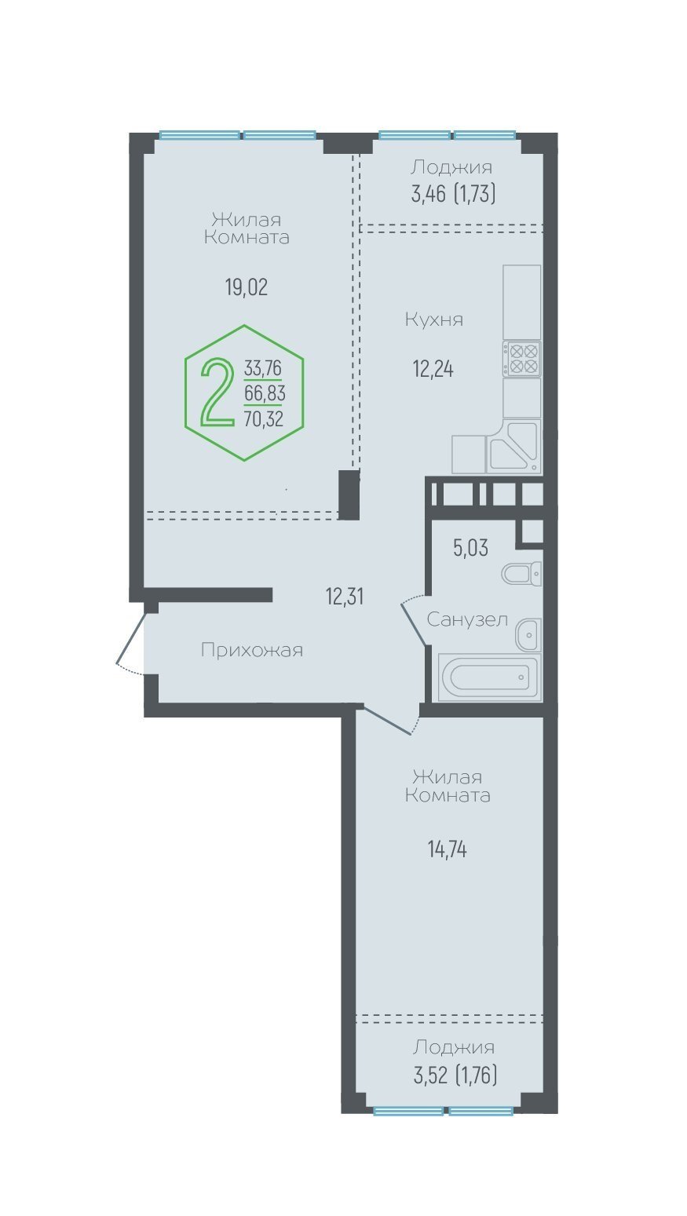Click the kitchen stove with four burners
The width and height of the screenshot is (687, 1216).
click(521, 359)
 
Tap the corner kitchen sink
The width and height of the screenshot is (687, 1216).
click(513, 446)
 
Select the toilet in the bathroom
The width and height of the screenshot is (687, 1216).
click(521, 573)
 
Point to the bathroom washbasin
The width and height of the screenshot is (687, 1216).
click(528, 634)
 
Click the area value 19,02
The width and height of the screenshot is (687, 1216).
click(247, 287)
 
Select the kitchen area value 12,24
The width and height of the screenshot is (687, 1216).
click(433, 369)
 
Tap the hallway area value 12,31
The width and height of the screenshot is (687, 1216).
click(345, 597)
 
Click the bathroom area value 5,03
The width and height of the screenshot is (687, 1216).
click(470, 548)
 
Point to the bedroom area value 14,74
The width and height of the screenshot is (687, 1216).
click(447, 849)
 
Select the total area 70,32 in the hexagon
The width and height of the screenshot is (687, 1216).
click(264, 418)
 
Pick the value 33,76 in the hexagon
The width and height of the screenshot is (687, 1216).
click(263, 368)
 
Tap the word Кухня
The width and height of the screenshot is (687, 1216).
click(434, 320)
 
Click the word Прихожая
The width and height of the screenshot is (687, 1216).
click(252, 650)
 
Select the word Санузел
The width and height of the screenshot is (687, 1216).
click(467, 619)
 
